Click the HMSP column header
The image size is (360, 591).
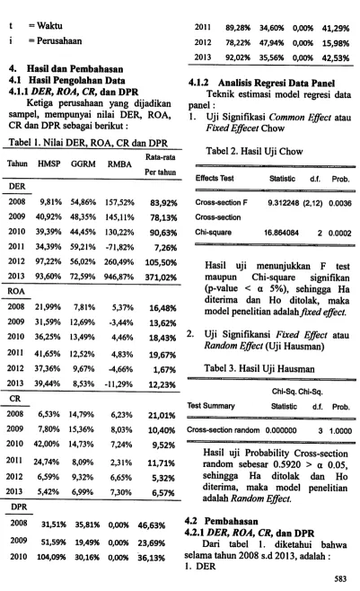48,163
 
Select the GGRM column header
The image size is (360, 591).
83,164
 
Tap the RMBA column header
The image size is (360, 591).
119,164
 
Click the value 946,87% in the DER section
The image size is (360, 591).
119,277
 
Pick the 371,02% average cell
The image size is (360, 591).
161,278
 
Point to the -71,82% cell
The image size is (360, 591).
119,247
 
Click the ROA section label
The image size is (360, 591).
16,291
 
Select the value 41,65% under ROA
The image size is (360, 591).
48,354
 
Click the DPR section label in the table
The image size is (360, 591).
19,507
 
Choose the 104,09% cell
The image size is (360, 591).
51,558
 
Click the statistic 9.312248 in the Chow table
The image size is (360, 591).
283,203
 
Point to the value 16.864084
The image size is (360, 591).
281,233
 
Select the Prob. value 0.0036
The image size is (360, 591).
340,204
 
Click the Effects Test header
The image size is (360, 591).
215,178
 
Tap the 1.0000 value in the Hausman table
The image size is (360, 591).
340,431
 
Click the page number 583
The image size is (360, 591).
340,579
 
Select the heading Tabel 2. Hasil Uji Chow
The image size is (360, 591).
254,152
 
